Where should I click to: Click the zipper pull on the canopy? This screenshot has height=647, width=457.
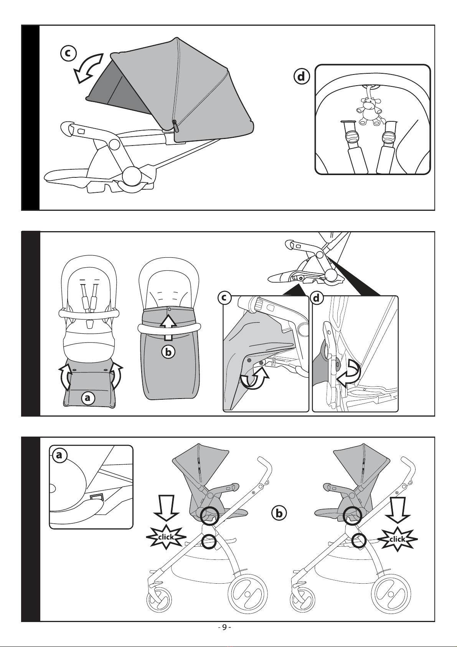pyautogui.click(x=174, y=125)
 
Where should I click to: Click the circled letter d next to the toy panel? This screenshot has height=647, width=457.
pyautogui.click(x=301, y=77)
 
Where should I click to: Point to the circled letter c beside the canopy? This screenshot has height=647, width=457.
pyautogui.click(x=68, y=53)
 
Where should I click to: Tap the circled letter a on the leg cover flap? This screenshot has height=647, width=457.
pyautogui.click(x=87, y=398)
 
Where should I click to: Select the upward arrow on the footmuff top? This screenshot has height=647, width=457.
pyautogui.click(x=169, y=324)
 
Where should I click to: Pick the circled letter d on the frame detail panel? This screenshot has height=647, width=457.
pyautogui.click(x=317, y=298)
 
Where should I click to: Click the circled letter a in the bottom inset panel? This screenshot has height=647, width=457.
pyautogui.click(x=58, y=455)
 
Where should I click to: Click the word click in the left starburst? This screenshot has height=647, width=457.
pyautogui.click(x=166, y=537)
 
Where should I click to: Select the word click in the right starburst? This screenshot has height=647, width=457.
pyautogui.click(x=398, y=539)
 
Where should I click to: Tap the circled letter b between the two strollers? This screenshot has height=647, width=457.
pyautogui.click(x=279, y=513)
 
